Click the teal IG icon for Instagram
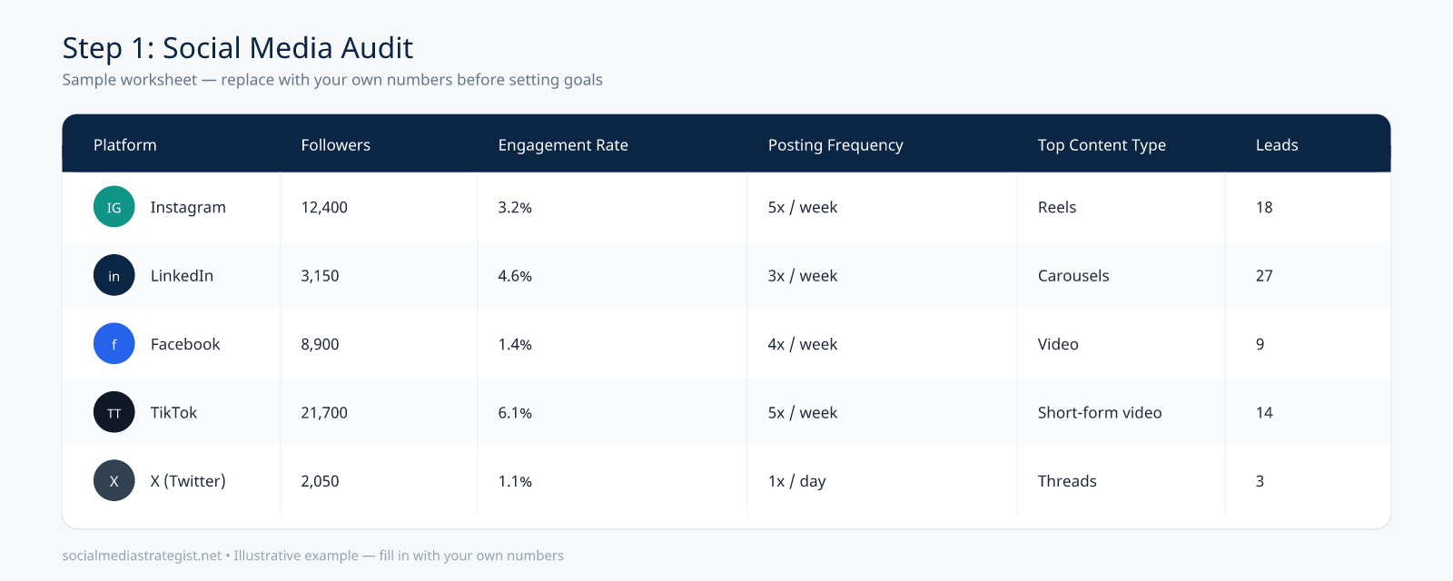click(x=114, y=207)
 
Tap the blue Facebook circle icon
click(x=114, y=344)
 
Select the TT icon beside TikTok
click(x=114, y=412)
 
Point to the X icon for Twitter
click(x=114, y=480)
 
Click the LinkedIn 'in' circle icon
click(x=114, y=276)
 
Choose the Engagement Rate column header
click(x=563, y=144)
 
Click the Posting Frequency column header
click(x=835, y=144)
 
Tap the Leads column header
click(x=1277, y=144)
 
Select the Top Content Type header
click(x=1102, y=144)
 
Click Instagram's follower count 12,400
click(x=324, y=208)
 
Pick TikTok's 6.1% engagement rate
click(x=515, y=412)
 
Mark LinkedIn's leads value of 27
click(x=1264, y=276)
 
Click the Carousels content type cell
click(x=1073, y=276)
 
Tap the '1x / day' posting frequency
click(x=796, y=481)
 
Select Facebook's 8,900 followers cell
click(x=320, y=344)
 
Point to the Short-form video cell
click(x=1100, y=412)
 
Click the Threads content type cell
click(x=1067, y=480)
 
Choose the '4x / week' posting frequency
click(x=803, y=344)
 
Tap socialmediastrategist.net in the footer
click(x=142, y=556)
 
